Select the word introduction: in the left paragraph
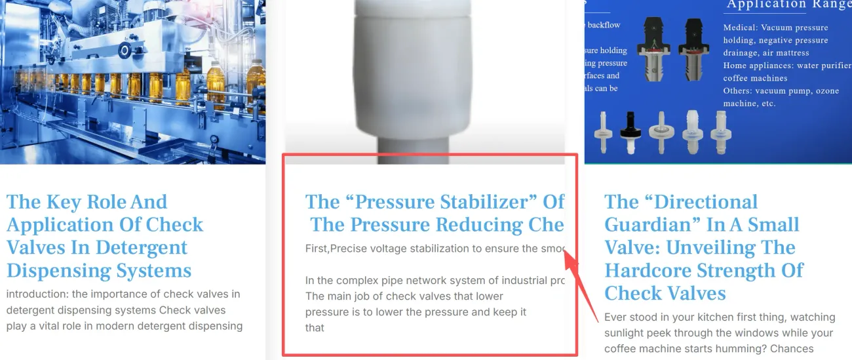(x=39, y=294)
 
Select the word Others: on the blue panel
(x=737, y=91)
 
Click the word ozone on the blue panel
(x=826, y=91)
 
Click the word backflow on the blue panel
(x=604, y=25)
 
